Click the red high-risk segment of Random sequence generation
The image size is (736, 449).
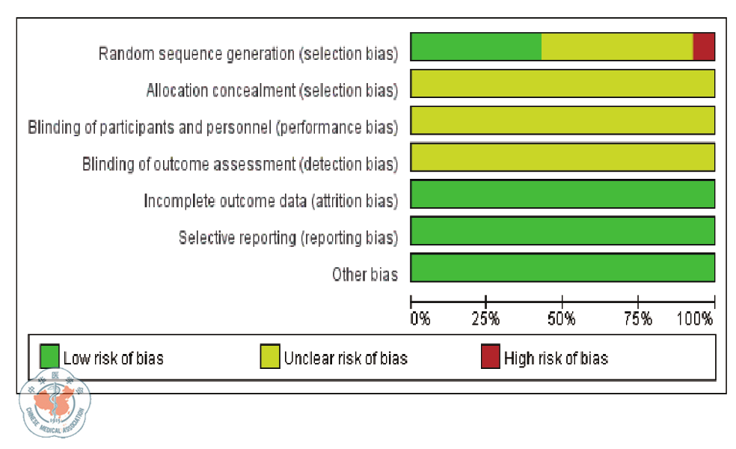pos(704,46)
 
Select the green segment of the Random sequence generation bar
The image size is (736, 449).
pos(476,46)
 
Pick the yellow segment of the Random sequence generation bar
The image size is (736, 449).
pos(617,46)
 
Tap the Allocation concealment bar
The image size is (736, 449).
pos(562,83)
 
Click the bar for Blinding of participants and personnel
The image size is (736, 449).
pos(562,120)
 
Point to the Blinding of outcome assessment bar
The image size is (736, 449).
pos(562,156)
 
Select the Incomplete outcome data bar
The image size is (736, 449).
pos(562,193)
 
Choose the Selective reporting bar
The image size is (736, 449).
pos(562,230)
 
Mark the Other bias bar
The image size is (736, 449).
pos(562,266)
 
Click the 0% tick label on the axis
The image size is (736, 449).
pos(420,320)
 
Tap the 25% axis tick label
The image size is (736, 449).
pos(486,320)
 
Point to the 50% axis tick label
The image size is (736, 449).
pos(562,320)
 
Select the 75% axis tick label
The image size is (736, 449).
pos(637,320)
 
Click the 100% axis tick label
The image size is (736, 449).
pos(695,320)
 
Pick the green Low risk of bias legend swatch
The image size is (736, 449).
pos(49,357)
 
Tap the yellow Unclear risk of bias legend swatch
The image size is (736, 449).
pos(270,357)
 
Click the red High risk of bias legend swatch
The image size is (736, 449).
pos(490,357)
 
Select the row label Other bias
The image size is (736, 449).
pos(364,275)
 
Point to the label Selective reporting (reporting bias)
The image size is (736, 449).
pos(288,238)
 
